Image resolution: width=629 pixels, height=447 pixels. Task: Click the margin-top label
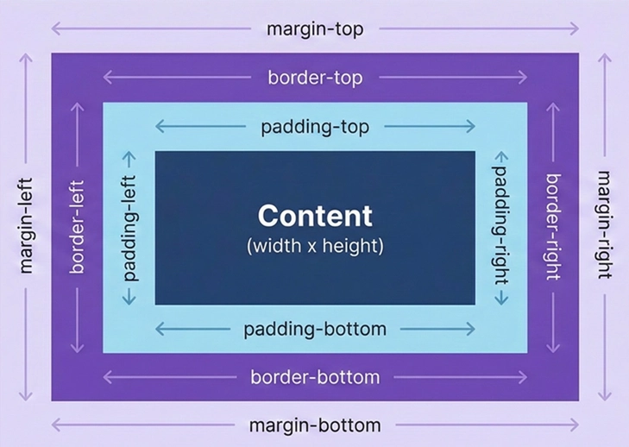pos(315,29)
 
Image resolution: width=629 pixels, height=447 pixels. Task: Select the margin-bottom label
pos(315,425)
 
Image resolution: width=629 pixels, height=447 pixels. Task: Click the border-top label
pos(315,78)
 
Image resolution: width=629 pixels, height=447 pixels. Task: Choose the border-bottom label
pos(315,378)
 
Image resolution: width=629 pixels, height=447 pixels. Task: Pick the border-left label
pos(78,227)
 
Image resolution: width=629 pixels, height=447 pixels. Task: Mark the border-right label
pos(553,227)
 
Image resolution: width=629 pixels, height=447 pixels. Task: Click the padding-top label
pos(315,127)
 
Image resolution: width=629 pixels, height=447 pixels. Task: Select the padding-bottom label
pos(315,330)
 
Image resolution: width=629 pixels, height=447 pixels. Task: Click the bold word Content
pos(315,216)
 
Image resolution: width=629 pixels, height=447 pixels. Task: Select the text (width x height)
pos(315,246)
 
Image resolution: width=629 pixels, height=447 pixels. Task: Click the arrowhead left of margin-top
pos(53,29)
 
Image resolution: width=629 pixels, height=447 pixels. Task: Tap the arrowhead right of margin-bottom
pos(576,425)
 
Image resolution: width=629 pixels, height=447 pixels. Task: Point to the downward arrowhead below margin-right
pos(605,398)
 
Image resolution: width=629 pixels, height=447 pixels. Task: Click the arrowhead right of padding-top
pos(472,127)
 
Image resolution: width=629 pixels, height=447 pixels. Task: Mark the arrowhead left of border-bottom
pos(106,378)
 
